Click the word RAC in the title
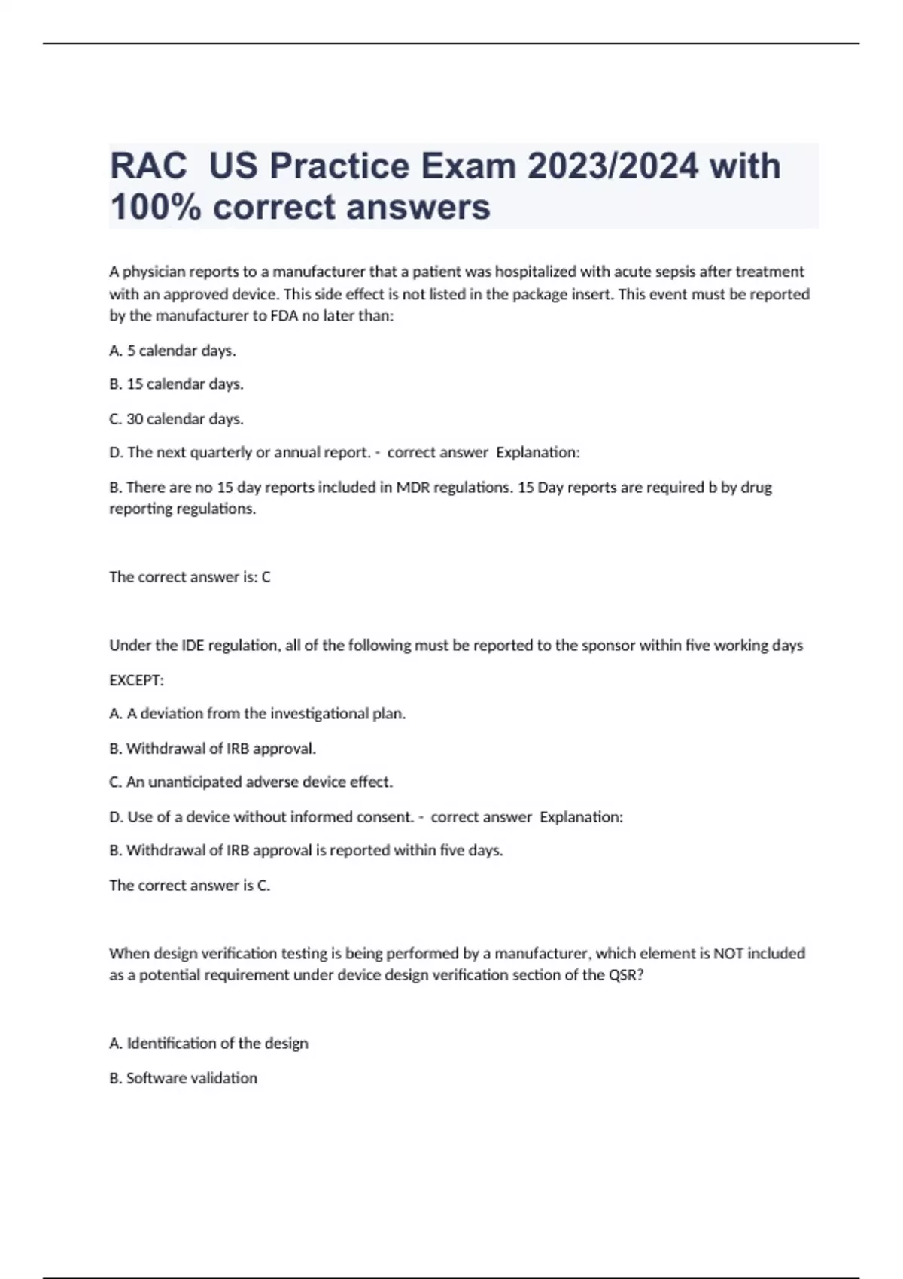coord(148,166)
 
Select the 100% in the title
coord(156,207)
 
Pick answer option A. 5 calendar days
coord(172,351)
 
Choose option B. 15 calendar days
coord(176,384)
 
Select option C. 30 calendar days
coord(176,419)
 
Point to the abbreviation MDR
coord(412,488)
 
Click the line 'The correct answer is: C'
coord(190,577)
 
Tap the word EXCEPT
coord(135,680)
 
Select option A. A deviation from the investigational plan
coord(257,714)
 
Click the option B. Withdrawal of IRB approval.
coord(212,749)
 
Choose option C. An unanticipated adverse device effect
coord(251,782)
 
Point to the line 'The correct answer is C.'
coord(190,886)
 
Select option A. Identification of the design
coord(208,1044)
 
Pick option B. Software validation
coord(183,1078)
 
